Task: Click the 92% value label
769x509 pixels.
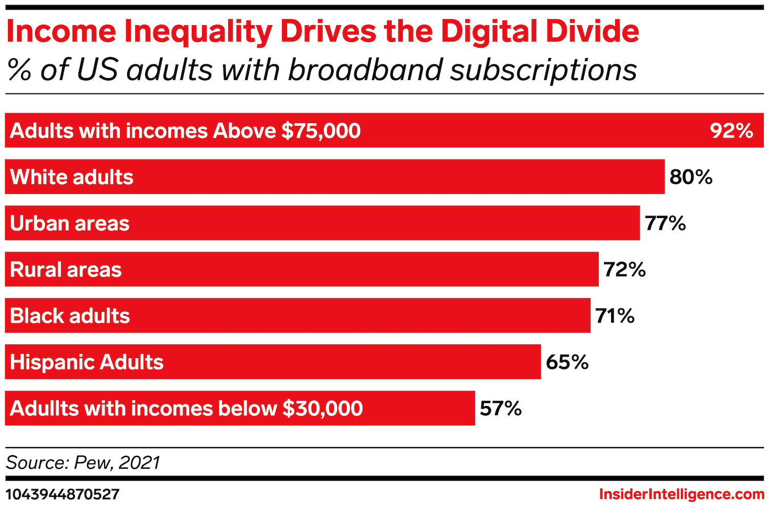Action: (731, 131)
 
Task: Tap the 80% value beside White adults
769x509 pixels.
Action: (691, 177)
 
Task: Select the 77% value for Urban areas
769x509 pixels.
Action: (665, 223)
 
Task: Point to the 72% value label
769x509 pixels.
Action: (624, 269)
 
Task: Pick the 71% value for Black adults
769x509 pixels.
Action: (615, 316)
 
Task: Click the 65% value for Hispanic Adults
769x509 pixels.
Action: (566, 362)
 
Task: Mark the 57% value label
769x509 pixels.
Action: (500, 408)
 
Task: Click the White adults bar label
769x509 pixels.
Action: (72, 177)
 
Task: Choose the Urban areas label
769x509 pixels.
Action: (70, 223)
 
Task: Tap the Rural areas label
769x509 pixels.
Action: (66, 269)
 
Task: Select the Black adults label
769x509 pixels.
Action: (70, 316)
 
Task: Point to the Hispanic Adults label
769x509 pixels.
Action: (87, 362)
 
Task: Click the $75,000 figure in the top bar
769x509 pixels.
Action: (321, 131)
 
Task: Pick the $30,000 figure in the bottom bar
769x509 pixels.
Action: (322, 408)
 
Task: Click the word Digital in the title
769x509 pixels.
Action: (489, 32)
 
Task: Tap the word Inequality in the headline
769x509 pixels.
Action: (198, 32)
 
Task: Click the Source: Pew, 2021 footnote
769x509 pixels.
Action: (83, 463)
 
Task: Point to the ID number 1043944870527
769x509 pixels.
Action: (63, 494)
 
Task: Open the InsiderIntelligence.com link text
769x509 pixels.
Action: (681, 494)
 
